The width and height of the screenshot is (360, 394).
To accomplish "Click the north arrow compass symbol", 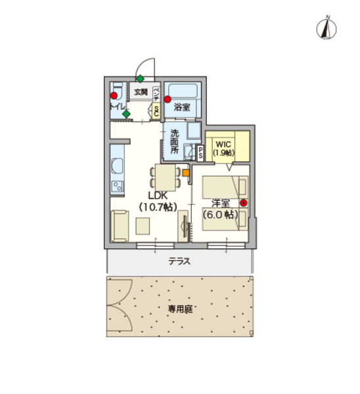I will pyautogui.click(x=326, y=28).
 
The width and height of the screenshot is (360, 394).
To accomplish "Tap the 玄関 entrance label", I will pyautogui.click(x=141, y=92).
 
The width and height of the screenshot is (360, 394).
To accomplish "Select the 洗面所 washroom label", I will pyautogui.click(x=175, y=141).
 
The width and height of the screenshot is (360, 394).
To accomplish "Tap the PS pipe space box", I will pyautogui.click(x=201, y=152).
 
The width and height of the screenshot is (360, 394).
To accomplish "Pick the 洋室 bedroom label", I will pyautogui.click(x=220, y=203).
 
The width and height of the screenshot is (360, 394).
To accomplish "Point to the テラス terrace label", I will pyautogui.click(x=179, y=261).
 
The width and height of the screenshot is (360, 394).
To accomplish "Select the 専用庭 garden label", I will pyautogui.click(x=179, y=307).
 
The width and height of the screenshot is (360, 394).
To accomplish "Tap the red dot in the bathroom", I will pyautogui.click(x=168, y=100).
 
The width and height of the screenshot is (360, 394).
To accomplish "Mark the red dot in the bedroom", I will pyautogui.click(x=244, y=203).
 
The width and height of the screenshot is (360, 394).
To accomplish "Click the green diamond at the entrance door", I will pyautogui.click(x=140, y=79).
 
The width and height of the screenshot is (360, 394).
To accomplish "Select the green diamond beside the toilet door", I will pyautogui.click(x=126, y=114).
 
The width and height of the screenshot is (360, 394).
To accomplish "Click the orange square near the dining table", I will pyautogui.click(x=185, y=173).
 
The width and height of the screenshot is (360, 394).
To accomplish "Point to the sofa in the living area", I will pyautogui.click(x=119, y=225).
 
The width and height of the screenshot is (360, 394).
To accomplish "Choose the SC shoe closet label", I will pyautogui.click(x=156, y=112).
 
